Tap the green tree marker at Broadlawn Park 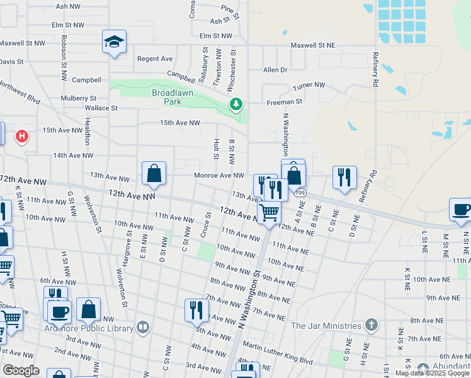[x=235, y=104]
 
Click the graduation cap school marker [x=114, y=42]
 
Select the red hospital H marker [x=22, y=135]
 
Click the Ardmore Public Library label [x=89, y=328]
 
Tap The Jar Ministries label [x=326, y=326]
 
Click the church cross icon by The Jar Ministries [x=372, y=326]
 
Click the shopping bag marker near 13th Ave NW [x=154, y=173]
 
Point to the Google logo [x=21, y=370]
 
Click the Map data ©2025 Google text [x=432, y=373]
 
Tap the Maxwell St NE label [x=313, y=46]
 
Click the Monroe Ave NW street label [x=218, y=175]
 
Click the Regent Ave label [x=155, y=59]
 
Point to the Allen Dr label [x=275, y=70]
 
